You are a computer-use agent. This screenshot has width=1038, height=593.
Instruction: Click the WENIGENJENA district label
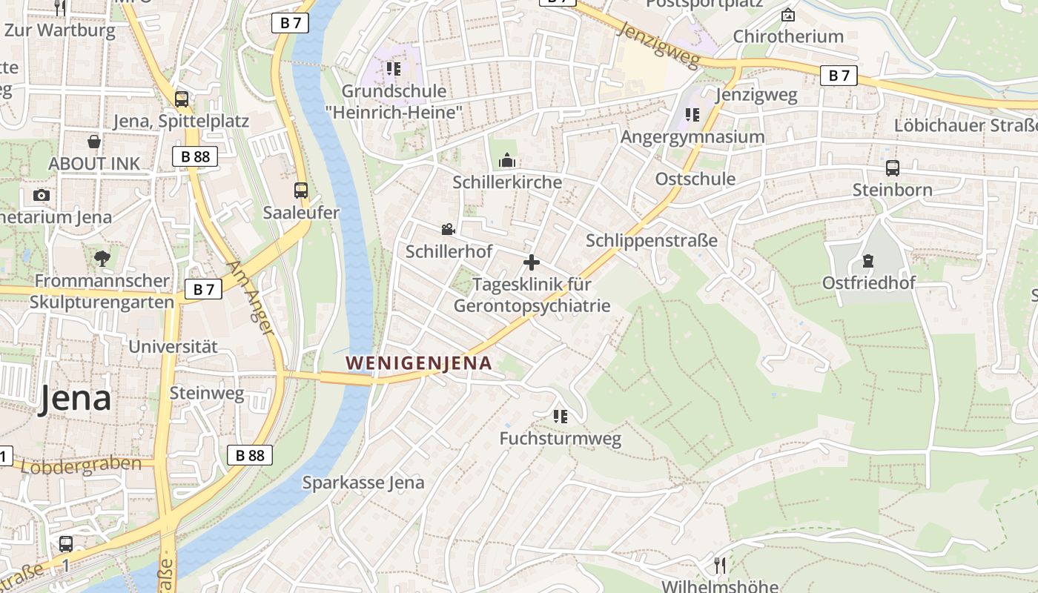coord(419,363)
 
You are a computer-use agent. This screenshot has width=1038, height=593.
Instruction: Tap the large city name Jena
coord(75,398)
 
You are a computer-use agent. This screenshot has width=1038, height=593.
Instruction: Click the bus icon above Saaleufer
coord(300,191)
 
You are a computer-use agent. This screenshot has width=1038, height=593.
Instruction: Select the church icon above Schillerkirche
coord(507,160)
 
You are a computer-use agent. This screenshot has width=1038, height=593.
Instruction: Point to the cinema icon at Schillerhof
coord(448,229)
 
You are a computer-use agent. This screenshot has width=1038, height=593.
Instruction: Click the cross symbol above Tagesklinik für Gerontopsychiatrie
coord(531,262)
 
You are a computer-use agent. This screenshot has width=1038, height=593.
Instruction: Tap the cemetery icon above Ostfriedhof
coord(867,261)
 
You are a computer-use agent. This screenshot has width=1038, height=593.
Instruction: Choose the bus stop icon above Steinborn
coord(892,168)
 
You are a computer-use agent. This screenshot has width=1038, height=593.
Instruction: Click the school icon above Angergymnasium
coord(692,114)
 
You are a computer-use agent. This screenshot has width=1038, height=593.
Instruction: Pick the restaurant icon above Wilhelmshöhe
coord(719,565)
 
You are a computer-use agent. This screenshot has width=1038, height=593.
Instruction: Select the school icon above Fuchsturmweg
coord(560,417)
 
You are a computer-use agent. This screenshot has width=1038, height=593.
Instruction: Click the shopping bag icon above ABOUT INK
coord(94,141)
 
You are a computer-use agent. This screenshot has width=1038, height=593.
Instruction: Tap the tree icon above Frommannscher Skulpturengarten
coord(102,258)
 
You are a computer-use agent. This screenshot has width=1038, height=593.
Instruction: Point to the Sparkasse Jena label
coord(363,483)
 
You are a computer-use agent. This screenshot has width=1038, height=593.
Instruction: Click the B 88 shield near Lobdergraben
coord(250,455)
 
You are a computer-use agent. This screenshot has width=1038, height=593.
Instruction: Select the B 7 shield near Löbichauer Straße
coord(839,75)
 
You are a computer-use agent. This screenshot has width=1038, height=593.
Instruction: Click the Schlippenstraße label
coord(652,240)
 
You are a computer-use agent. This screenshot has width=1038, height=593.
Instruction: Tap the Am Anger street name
coord(251,296)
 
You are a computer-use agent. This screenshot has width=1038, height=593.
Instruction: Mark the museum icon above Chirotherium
coord(787,15)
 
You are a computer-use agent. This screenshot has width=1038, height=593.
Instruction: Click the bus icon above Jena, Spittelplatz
coord(181,99)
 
